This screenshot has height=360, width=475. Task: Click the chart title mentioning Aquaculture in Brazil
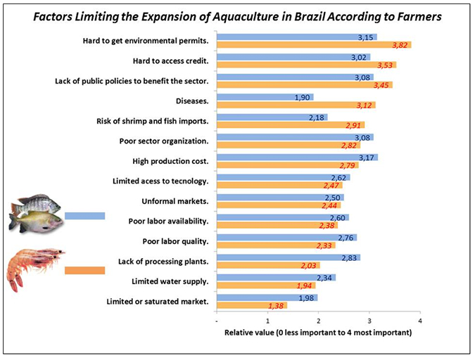[x=236, y=16]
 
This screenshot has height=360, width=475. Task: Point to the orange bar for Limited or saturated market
[x=243, y=306]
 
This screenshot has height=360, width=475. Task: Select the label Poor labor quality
[x=175, y=242]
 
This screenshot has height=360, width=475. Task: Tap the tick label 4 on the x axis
[x=420, y=321]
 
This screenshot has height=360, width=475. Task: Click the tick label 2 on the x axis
[x=319, y=321]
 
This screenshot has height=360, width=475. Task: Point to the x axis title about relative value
[x=317, y=333]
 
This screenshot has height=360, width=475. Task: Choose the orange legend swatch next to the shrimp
[x=84, y=270]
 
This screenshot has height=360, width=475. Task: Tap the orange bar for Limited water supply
[x=257, y=286]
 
